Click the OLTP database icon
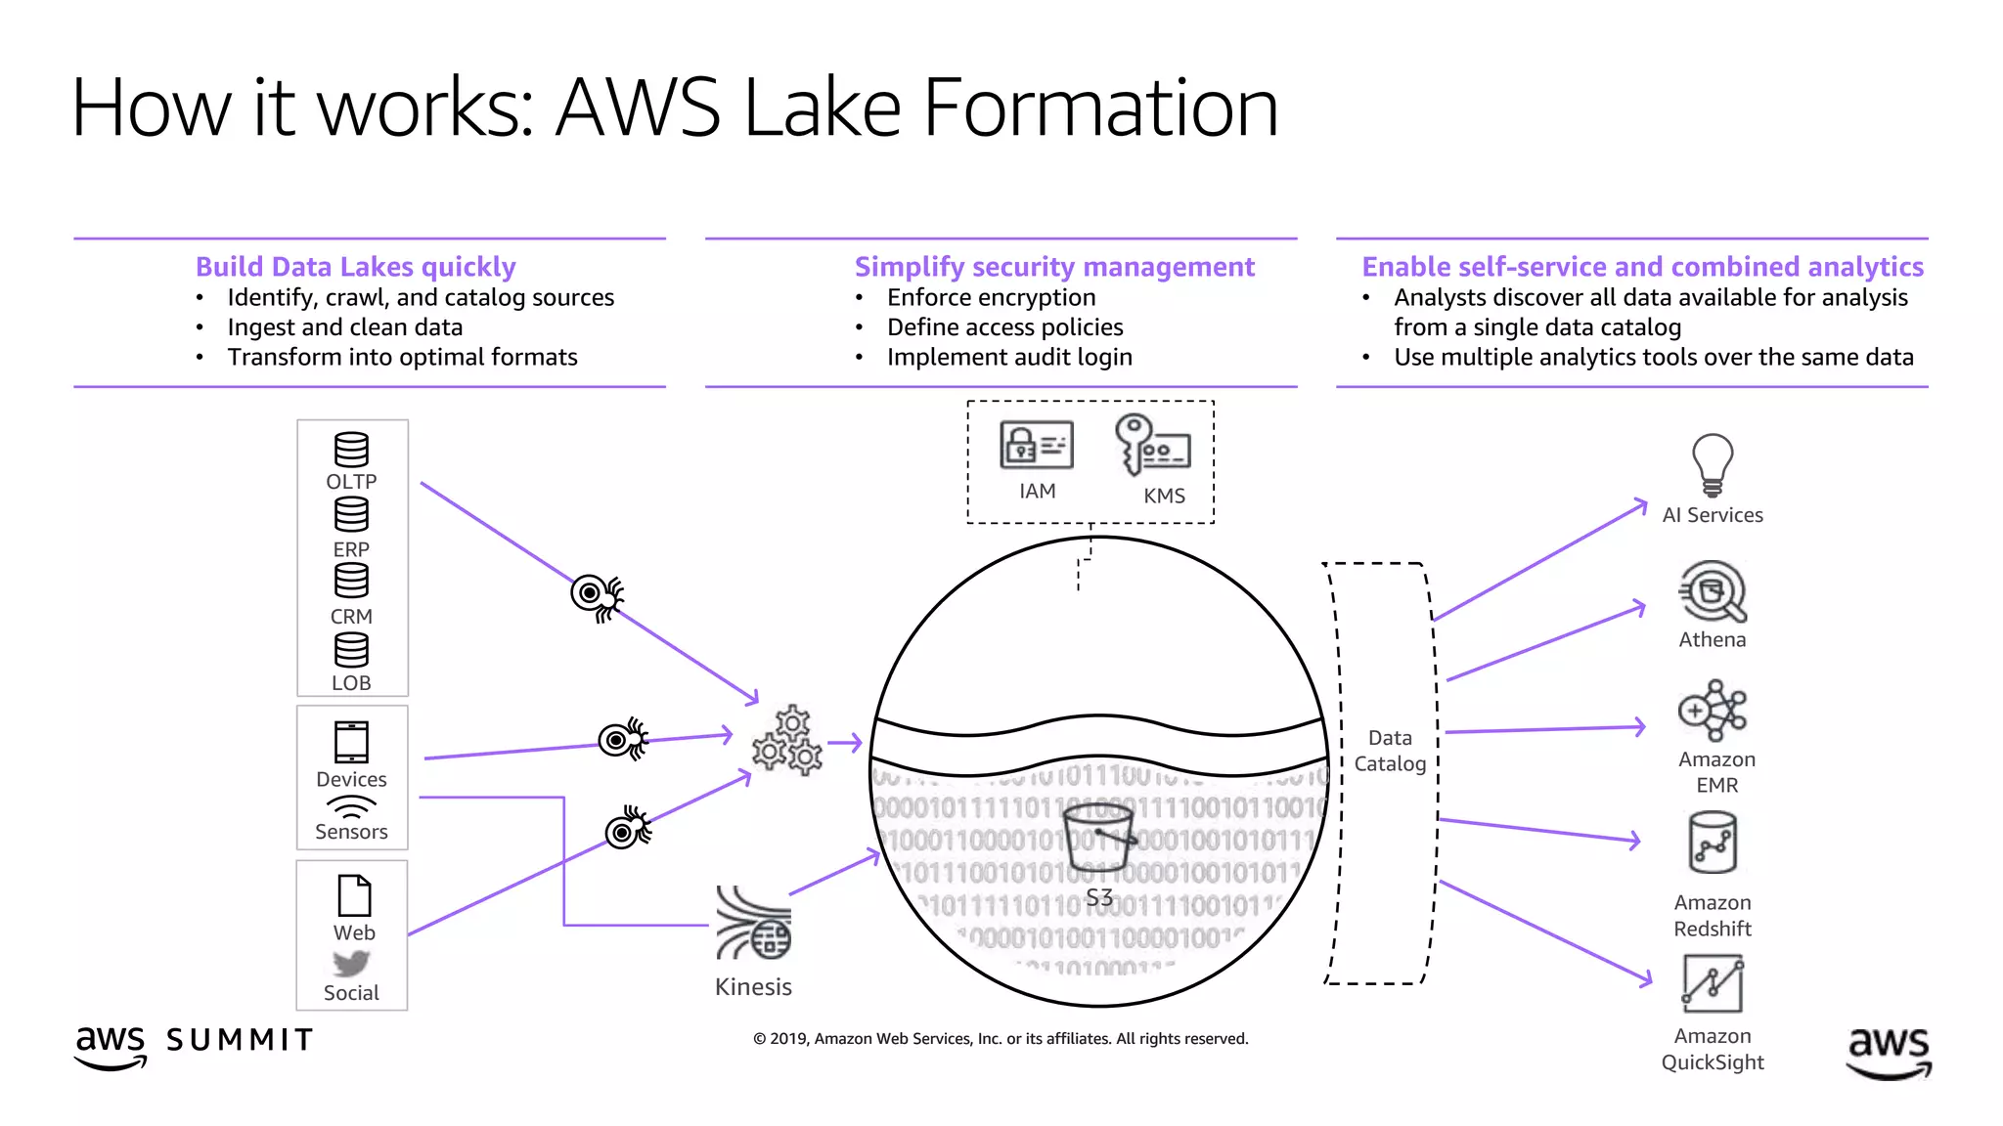(351, 450)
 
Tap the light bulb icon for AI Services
(1712, 465)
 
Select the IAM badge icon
(1036, 446)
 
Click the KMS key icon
(1151, 445)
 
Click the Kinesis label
(753, 986)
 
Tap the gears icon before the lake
(787, 742)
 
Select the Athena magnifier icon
(1713, 591)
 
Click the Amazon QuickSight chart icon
(1713, 983)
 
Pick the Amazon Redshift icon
(1713, 844)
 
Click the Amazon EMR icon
(1713, 711)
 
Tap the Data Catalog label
(1390, 751)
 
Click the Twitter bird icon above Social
(351, 964)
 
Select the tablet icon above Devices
(351, 742)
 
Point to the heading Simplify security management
(1053, 267)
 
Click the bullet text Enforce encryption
(991, 297)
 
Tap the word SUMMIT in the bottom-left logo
(240, 1040)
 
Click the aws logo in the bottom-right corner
(1889, 1051)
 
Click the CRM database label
(351, 617)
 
